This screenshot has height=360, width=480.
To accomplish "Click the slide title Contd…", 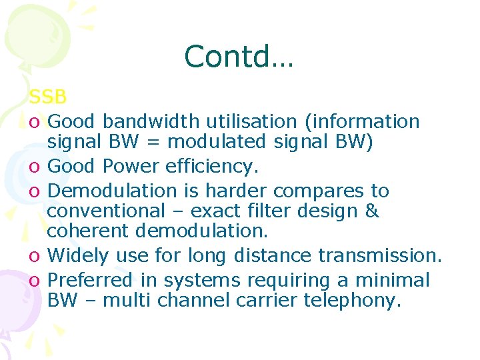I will coord(238,57).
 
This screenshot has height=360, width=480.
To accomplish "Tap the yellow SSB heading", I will coord(47,97).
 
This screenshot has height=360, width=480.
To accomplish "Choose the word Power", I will coord(129,166).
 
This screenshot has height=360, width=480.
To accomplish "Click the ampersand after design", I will coord(373,211).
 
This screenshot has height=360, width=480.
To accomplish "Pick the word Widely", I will coord(79,256).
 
